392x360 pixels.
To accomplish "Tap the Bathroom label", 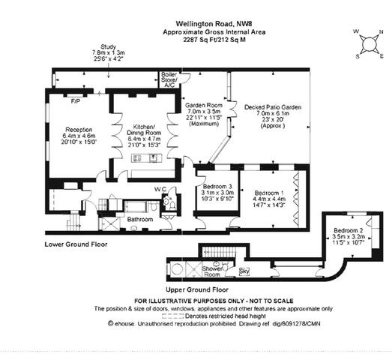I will tap(139, 220).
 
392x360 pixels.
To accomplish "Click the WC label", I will tap(160, 189).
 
